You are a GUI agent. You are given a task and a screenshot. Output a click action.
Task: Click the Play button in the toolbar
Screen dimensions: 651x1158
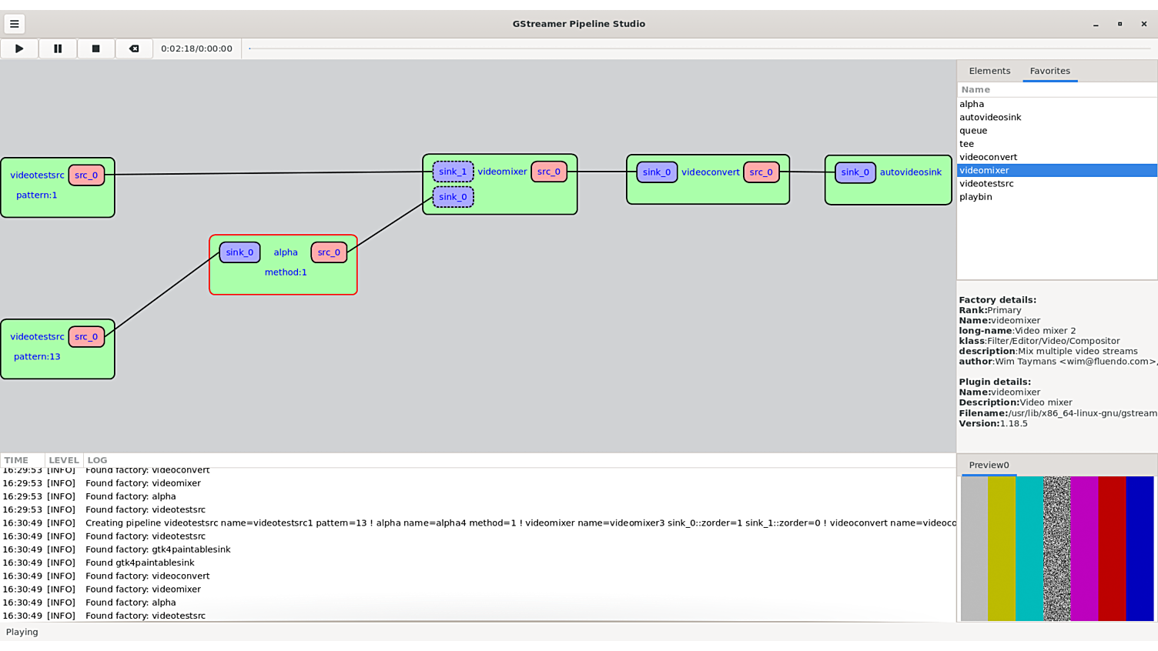click(x=19, y=48)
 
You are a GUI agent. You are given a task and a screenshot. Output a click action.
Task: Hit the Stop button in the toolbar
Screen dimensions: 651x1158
click(x=95, y=48)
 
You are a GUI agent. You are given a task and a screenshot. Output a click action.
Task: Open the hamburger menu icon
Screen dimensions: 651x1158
click(x=14, y=24)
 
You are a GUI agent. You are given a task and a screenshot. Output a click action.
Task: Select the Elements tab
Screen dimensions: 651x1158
click(x=989, y=71)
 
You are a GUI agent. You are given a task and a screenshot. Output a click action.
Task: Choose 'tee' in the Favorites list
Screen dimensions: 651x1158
click(x=966, y=144)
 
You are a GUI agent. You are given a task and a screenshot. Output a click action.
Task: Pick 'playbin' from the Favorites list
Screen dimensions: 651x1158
click(x=976, y=197)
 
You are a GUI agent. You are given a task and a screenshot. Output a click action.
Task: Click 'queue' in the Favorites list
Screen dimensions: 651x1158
click(x=973, y=131)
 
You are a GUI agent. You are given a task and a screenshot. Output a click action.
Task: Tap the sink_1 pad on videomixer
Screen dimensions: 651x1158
click(x=453, y=172)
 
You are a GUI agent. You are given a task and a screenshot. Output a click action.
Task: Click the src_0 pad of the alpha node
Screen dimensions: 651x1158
click(x=329, y=252)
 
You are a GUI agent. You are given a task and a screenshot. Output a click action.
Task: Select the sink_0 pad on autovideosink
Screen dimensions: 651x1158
click(x=855, y=172)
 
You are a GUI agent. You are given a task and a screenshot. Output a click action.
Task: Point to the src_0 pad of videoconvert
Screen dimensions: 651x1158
click(x=761, y=172)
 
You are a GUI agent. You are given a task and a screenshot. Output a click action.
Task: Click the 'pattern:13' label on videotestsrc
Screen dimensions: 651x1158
click(x=37, y=357)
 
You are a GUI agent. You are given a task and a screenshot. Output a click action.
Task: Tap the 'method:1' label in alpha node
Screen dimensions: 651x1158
click(x=286, y=272)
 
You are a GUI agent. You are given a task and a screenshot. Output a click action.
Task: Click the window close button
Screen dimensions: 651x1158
click(x=1143, y=24)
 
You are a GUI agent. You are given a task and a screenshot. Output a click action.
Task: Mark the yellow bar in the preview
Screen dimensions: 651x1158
click(x=1001, y=548)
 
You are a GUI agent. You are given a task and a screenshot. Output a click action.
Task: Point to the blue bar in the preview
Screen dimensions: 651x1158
click(x=1140, y=548)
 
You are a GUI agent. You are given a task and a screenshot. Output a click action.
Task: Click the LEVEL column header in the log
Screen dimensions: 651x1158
click(x=64, y=460)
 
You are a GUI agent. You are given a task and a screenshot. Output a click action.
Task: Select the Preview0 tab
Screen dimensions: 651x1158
click(x=989, y=465)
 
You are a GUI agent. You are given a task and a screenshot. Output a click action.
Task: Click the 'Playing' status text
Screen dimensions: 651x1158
click(x=22, y=632)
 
